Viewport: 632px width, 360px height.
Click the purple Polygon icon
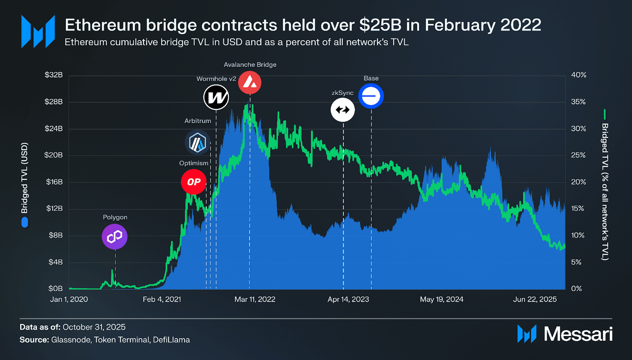pos(114,236)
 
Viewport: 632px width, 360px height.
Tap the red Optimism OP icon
pos(194,182)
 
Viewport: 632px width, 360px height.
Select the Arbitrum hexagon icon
pos(197,143)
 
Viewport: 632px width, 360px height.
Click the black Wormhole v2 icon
pos(216,97)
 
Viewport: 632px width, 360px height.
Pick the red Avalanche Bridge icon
pos(250,82)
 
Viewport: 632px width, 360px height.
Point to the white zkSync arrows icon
pos(343,110)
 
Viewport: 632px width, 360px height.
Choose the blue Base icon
pos(371,96)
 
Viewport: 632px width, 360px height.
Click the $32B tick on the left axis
pos(53,75)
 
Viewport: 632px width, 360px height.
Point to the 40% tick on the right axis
pos(579,75)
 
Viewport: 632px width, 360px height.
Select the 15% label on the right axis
pos(578,209)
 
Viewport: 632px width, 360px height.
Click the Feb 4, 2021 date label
pos(162,300)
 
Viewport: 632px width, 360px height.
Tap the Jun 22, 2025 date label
pos(535,300)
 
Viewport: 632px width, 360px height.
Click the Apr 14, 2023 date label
pos(348,300)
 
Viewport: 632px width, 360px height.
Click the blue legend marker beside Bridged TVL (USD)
pos(25,222)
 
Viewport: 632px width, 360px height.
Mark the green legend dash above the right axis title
pos(605,114)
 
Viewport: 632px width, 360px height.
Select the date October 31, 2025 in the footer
pos(94,327)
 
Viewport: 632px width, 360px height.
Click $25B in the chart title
pos(380,25)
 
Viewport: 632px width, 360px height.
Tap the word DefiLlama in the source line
pos(171,340)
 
